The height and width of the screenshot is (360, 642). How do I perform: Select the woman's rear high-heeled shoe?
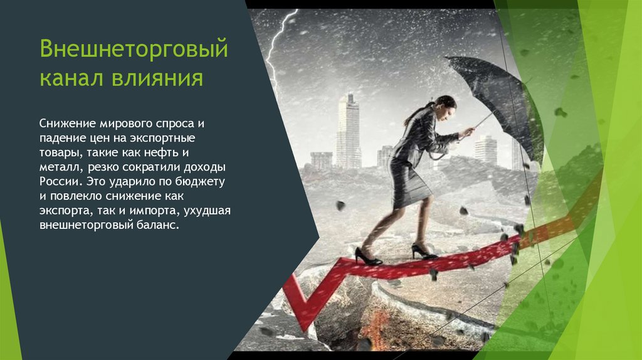(367, 257)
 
